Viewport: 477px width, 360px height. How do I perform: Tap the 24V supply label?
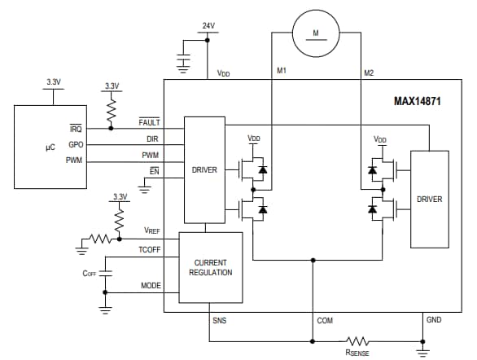209,26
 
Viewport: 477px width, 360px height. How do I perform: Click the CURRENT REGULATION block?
211,267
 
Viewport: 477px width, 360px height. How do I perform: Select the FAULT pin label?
149,122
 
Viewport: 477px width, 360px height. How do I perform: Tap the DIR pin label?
151,139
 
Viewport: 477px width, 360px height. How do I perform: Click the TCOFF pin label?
149,251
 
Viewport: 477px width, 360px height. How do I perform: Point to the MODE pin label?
151,286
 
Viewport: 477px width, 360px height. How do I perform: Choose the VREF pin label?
151,231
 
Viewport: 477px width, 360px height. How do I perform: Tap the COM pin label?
325,320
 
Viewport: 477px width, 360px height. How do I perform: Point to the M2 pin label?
368,72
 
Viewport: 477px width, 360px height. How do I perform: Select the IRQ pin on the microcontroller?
76,129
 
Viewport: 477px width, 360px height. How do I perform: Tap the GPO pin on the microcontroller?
76,144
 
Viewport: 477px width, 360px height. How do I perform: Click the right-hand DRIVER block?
429,199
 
